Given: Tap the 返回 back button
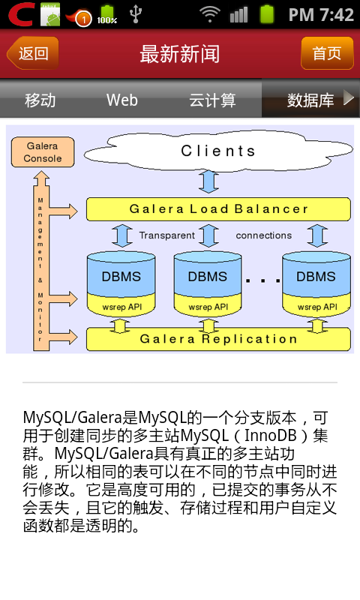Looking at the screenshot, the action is point(33,53).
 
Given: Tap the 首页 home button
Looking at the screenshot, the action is point(327,53).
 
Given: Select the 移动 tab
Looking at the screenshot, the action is point(40,100).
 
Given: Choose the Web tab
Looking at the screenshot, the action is point(122,100).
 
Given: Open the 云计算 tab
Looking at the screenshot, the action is point(212,100).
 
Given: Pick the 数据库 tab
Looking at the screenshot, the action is point(310,100).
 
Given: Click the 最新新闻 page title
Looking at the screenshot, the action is point(180,53).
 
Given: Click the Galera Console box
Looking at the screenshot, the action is point(43,152).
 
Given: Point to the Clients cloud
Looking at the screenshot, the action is point(218,151).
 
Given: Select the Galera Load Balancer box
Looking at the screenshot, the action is point(218,209).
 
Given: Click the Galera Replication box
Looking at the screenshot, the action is point(218,339).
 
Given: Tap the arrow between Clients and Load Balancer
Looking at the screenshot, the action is point(209,181).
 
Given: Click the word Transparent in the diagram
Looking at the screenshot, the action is point(166,235).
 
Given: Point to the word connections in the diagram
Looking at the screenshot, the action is point(263,235).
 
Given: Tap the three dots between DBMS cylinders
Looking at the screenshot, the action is point(262,280).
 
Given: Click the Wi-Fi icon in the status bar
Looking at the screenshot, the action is point(209,14).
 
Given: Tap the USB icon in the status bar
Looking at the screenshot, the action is point(136,13).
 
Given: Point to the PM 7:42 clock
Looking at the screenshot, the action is point(321,14).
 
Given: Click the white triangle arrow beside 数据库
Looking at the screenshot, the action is point(349,97).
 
